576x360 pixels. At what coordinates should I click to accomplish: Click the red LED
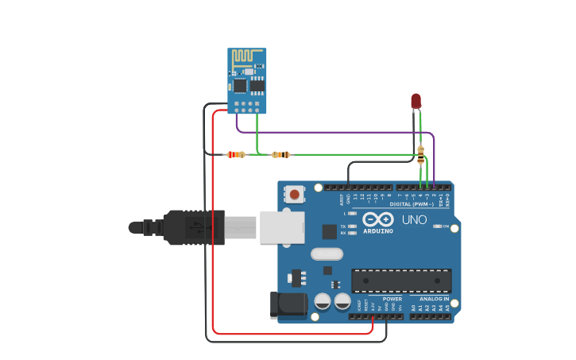click(x=416, y=100)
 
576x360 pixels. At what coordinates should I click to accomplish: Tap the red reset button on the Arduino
click(x=295, y=194)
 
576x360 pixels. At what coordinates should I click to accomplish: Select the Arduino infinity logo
click(x=377, y=219)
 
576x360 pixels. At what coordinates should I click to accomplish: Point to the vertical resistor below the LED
click(x=420, y=155)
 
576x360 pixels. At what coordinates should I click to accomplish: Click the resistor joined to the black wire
click(x=235, y=154)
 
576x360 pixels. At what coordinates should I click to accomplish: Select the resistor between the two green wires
click(x=280, y=154)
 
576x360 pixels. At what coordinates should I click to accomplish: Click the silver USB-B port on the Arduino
click(x=282, y=227)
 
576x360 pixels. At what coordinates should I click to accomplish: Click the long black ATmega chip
click(x=401, y=280)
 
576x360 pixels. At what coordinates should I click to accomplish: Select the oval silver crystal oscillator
click(x=327, y=254)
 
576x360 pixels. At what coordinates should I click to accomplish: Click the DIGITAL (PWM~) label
click(x=412, y=204)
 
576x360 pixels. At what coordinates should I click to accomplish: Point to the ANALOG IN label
click(x=435, y=299)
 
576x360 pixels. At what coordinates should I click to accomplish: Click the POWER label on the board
click(x=392, y=299)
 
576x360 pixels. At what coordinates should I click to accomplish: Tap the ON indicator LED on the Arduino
click(x=438, y=226)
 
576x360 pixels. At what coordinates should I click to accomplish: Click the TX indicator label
click(x=343, y=226)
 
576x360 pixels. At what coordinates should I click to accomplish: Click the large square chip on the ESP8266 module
click(x=240, y=83)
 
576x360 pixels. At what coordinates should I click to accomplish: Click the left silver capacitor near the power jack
click(x=323, y=301)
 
